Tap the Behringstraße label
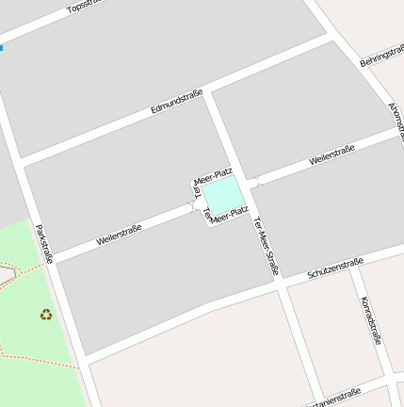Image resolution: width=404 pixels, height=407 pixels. click(381, 56)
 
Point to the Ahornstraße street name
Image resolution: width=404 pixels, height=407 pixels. click(396, 117)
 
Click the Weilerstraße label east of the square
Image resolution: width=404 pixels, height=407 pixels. click(331, 155)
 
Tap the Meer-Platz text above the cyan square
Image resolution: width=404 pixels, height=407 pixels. click(213, 175)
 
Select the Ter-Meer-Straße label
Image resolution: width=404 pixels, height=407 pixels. click(266, 246)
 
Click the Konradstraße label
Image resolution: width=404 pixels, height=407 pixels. click(371, 319)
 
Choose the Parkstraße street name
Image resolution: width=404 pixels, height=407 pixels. click(43, 249)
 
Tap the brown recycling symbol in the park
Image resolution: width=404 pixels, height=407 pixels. click(46, 315)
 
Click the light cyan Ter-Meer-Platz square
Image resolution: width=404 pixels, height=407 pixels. click(224, 197)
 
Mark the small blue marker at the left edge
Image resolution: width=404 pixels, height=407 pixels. click(1, 46)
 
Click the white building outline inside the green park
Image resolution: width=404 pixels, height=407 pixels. click(6, 274)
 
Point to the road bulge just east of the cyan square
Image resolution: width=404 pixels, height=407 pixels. click(252, 183)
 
